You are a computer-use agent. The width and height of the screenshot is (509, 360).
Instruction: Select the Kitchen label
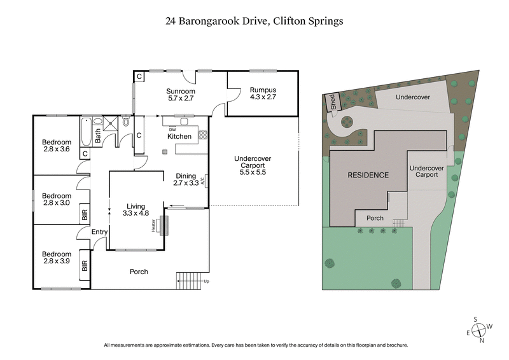pos(179,136)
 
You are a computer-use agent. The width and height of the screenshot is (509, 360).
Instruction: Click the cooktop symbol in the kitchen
pos(203,135)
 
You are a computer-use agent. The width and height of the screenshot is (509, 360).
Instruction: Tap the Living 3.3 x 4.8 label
pos(136,210)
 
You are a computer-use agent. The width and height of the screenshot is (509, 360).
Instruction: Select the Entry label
pos(99,232)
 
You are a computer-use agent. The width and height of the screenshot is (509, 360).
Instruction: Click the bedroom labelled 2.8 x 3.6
pos(57,145)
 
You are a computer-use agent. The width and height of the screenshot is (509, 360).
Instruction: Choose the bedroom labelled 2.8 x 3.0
pos(57,200)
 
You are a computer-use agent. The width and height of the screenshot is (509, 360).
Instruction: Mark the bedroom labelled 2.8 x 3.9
pos(57,258)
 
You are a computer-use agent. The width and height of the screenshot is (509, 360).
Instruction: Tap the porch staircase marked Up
pos(188,279)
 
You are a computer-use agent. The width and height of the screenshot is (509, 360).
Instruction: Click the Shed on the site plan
pos(331,102)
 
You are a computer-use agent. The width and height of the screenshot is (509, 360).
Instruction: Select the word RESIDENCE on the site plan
pos(368,175)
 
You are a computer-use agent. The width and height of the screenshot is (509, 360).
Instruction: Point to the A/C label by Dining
pos(202,181)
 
